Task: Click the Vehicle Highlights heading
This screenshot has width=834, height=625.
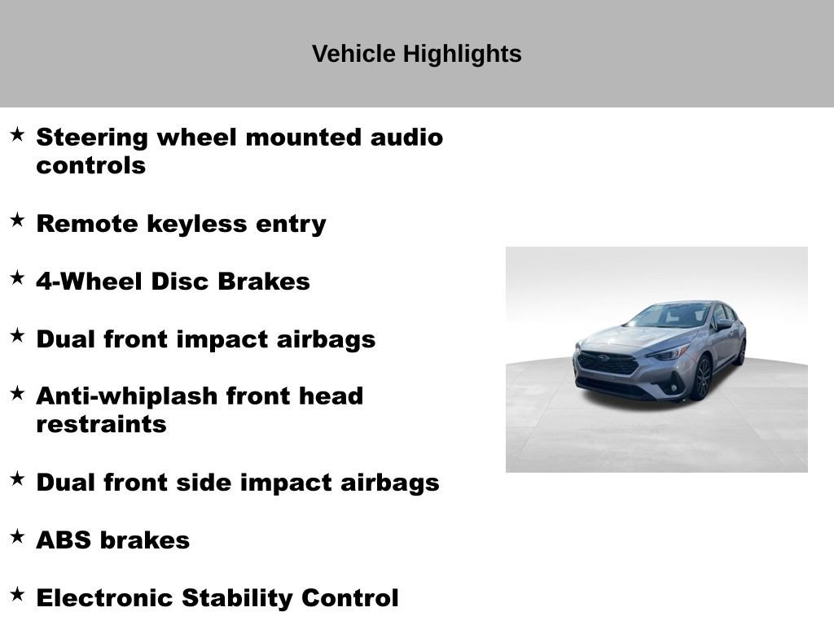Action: point(416,54)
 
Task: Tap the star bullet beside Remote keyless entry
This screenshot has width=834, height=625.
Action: point(17,221)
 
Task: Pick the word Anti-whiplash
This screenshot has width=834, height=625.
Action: point(126,396)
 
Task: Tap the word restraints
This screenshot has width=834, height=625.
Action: point(101,425)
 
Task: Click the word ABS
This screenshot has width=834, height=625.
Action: point(64,540)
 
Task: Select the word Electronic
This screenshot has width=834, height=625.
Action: point(105,598)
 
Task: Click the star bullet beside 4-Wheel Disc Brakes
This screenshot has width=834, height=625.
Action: point(17,278)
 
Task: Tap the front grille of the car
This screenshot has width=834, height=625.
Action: point(608,362)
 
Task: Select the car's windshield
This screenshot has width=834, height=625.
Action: point(673,316)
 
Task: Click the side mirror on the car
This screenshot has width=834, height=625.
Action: point(723,325)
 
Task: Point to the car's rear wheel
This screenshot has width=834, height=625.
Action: point(740,352)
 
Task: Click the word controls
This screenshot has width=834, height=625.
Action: point(90,166)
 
